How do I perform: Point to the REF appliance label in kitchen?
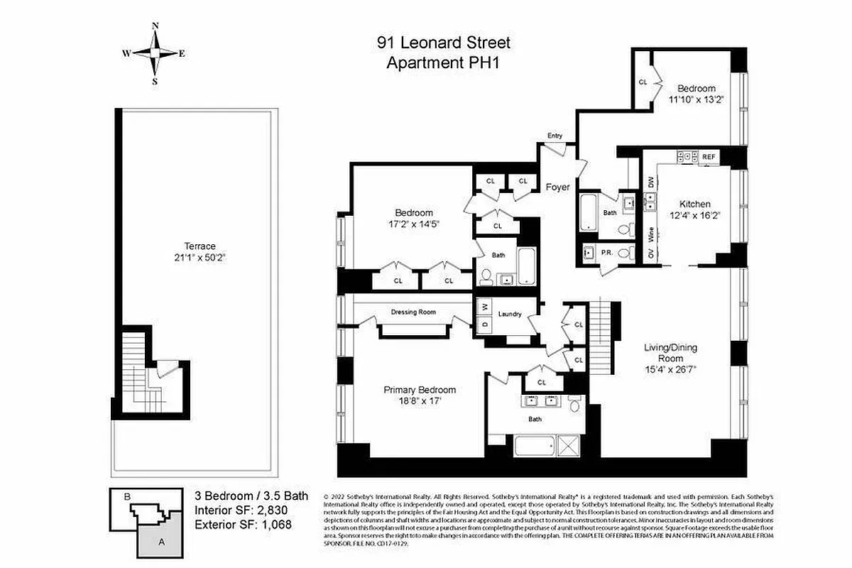(x=709, y=156)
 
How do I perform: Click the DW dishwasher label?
(x=650, y=182)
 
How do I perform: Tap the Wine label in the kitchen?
(x=650, y=232)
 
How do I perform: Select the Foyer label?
(x=557, y=187)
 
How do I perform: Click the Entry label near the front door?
(x=554, y=136)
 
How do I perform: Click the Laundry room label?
(x=510, y=314)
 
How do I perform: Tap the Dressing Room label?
(x=413, y=312)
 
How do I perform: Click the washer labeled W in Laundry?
(x=484, y=307)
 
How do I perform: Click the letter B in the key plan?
(x=126, y=498)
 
